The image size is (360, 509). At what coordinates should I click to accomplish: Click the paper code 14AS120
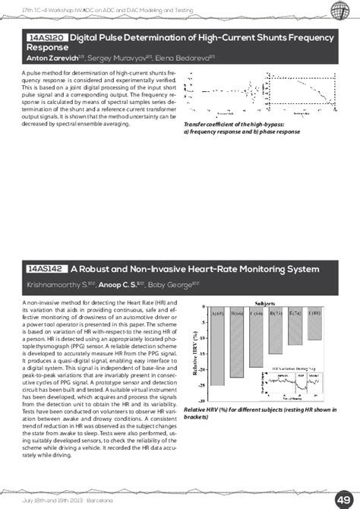46,36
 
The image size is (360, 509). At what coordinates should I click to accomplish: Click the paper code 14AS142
46,268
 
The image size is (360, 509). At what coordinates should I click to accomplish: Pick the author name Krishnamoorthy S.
58,285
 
